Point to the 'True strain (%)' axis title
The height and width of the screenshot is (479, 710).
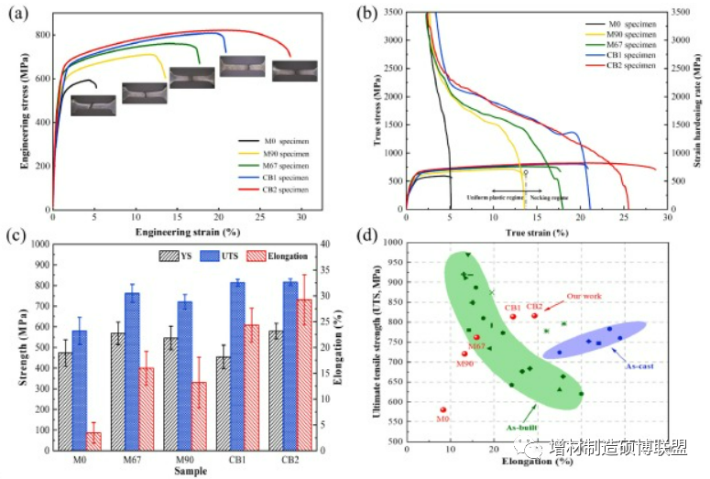point(533,233)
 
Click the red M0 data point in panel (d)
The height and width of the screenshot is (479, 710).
point(443,410)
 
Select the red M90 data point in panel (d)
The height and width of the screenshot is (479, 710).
point(464,354)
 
